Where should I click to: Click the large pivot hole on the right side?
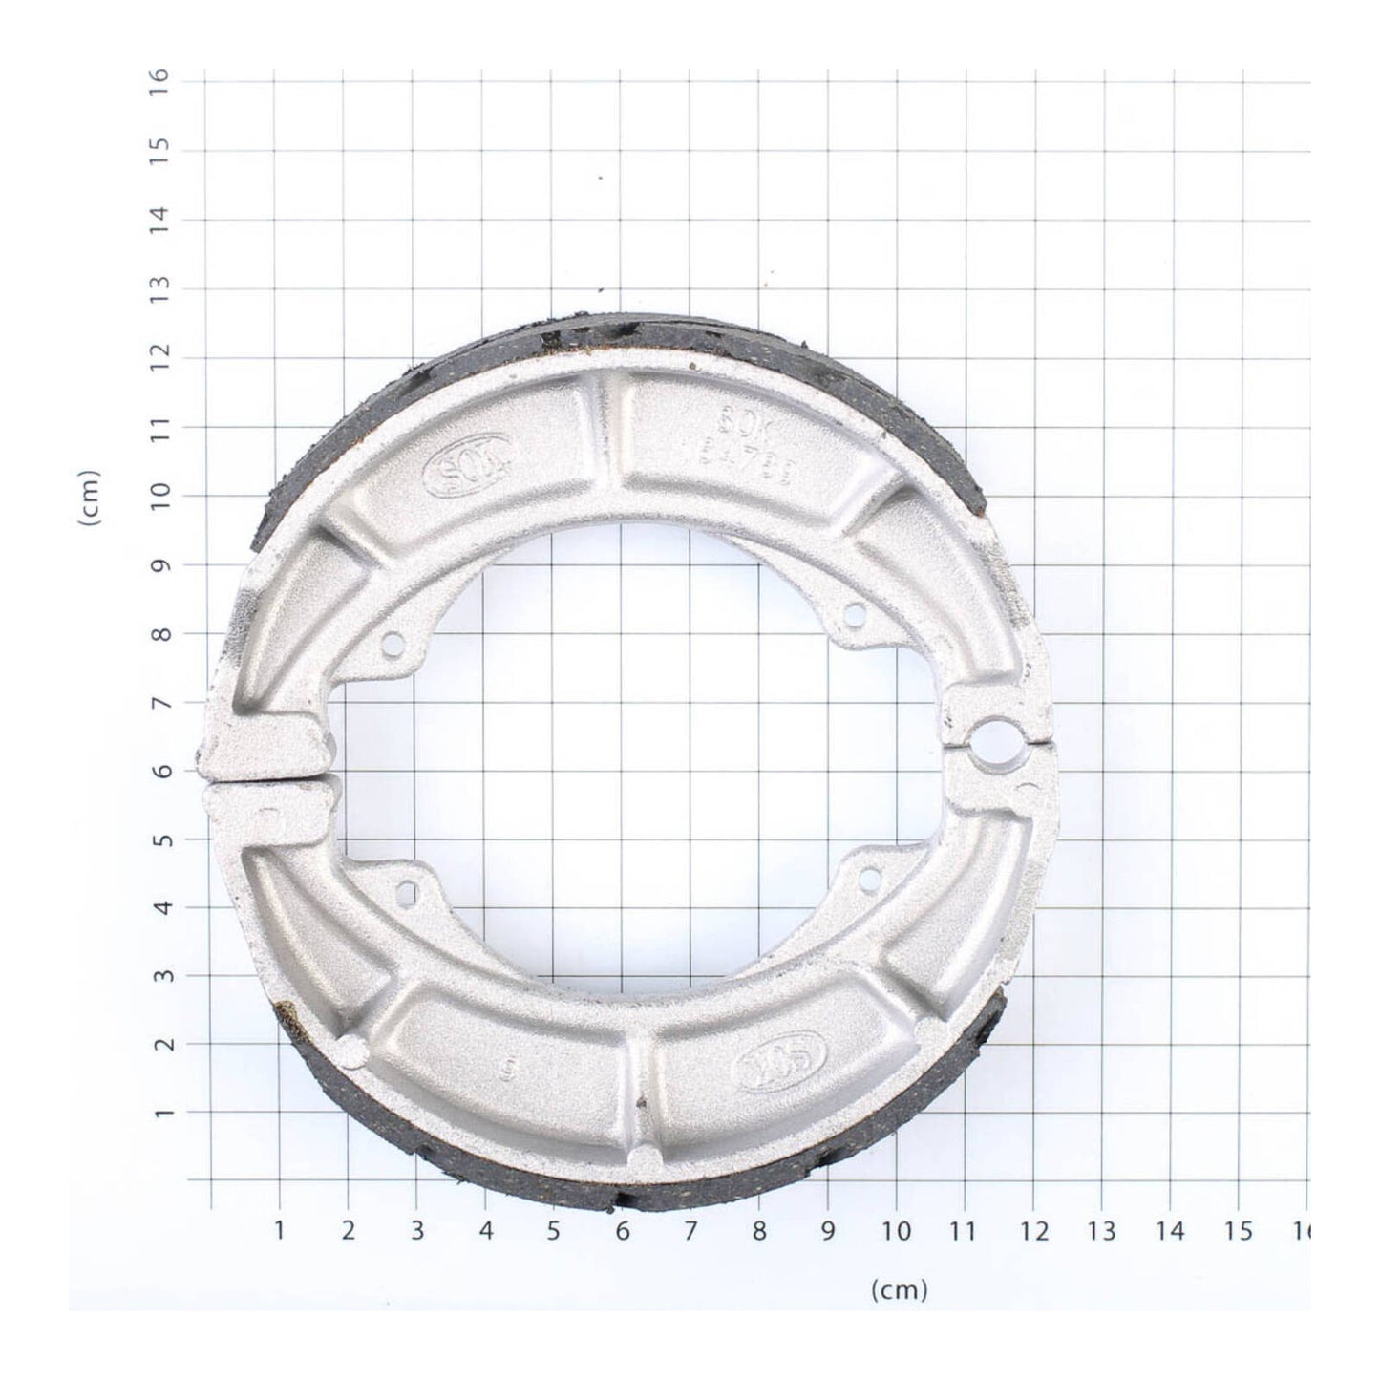996,738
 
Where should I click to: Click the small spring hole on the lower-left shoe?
407,894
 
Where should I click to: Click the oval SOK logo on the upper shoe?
467,468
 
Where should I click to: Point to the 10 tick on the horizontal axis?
897,1231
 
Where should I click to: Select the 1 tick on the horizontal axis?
279,1231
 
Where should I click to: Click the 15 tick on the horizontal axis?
1239,1231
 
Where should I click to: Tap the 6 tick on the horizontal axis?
622,1231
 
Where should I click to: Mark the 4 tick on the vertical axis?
161,906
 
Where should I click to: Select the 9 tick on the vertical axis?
161,563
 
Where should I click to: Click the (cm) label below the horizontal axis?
899,1291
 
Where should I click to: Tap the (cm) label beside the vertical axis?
91,498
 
